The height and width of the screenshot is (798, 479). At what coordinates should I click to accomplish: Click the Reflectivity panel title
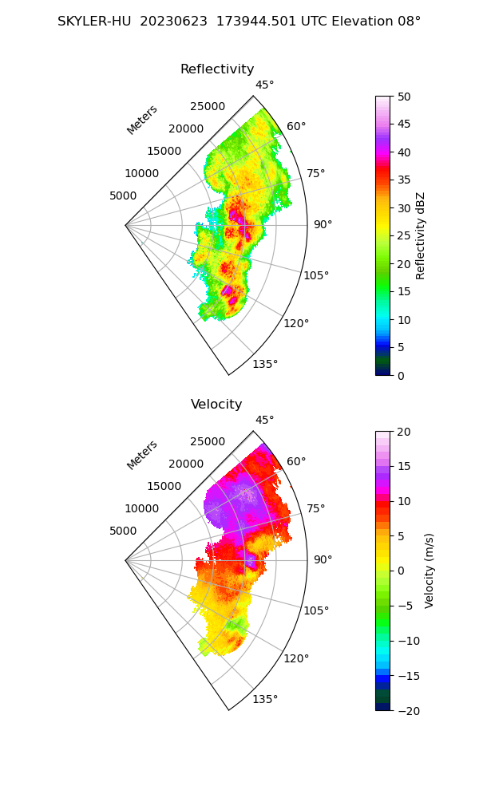(217, 69)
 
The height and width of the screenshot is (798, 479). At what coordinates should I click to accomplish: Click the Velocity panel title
(216, 405)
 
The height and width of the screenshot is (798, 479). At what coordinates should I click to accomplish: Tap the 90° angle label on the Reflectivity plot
(323, 225)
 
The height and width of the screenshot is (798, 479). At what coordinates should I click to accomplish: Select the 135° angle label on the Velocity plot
(265, 700)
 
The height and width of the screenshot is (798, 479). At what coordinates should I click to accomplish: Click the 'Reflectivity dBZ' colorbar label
(421, 235)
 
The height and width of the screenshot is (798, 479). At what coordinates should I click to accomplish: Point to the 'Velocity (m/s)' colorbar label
(430, 571)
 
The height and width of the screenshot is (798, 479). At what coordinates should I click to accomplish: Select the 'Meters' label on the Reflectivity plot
(142, 120)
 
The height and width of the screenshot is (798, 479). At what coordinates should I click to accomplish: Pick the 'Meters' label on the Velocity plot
(142, 455)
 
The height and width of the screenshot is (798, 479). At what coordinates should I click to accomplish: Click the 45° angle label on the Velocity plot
(264, 421)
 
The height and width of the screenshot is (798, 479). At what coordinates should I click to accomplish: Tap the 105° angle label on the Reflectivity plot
(316, 275)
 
